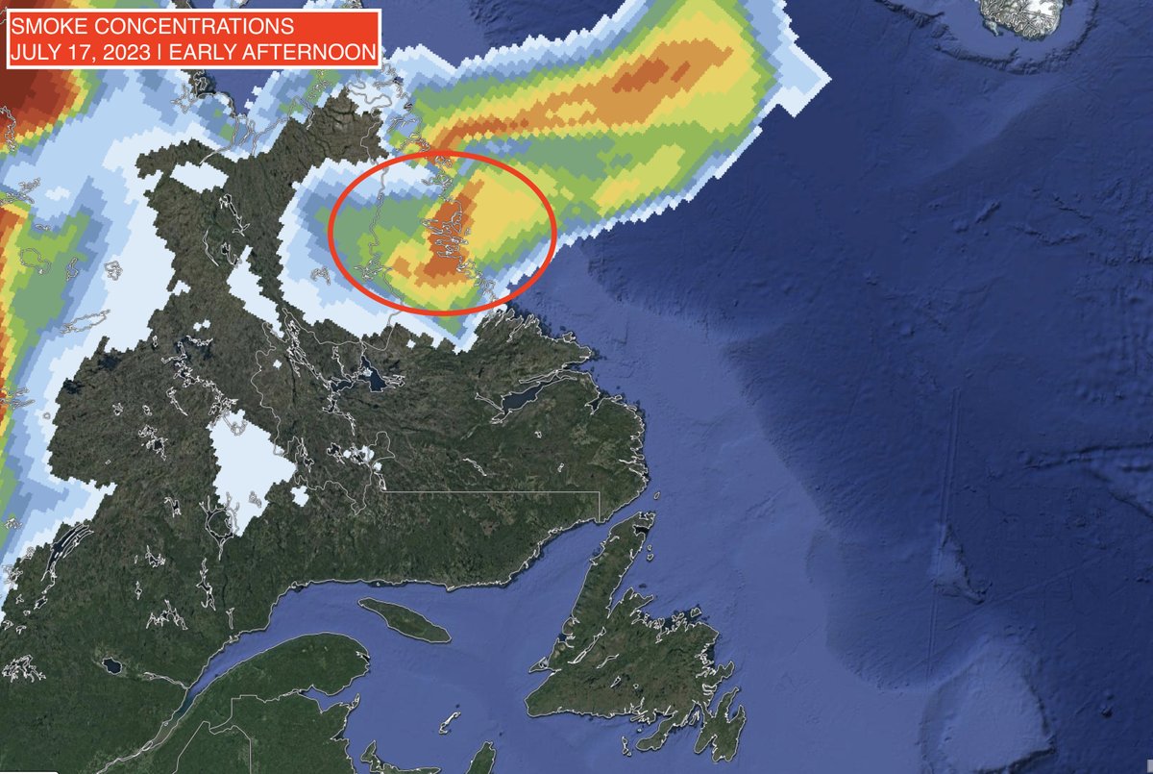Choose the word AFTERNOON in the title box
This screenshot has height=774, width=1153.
coord(313,52)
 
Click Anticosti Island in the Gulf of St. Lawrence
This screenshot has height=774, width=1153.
coord(404,620)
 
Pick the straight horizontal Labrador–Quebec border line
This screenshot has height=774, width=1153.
coord(490,491)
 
